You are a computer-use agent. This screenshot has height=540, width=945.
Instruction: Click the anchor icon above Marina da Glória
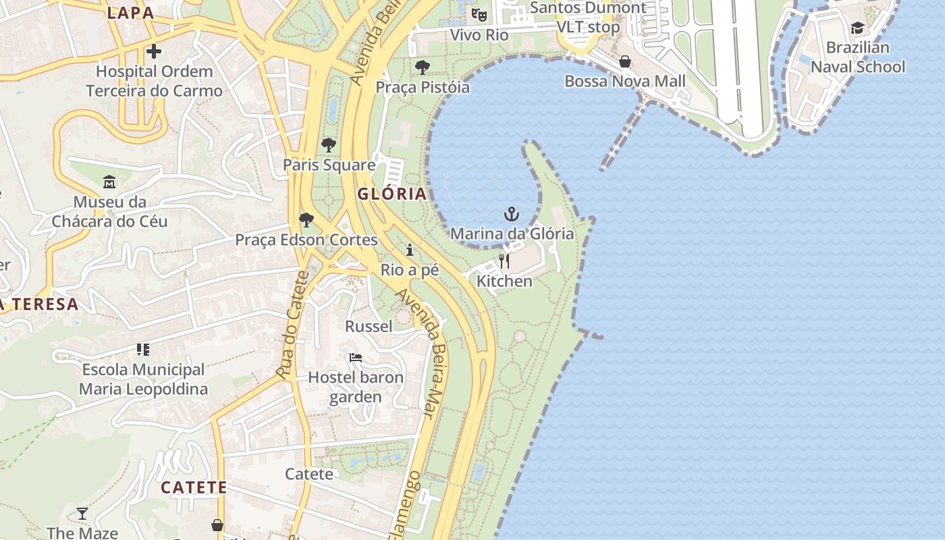512,215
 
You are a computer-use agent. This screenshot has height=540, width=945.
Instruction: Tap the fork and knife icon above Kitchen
504,261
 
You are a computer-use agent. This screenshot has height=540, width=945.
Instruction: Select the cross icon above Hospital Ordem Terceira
154,51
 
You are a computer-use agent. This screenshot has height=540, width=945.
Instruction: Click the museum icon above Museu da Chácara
109,182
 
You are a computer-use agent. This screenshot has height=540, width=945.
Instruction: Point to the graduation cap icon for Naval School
857,28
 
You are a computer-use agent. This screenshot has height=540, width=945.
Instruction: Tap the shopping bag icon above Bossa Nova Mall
625,62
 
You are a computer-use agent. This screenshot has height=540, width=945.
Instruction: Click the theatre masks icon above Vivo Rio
479,14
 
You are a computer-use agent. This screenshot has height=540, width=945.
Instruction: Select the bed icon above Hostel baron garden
356,358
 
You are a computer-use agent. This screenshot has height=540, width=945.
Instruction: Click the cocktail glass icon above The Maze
82,514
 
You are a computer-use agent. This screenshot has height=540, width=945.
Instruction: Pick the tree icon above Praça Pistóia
423,67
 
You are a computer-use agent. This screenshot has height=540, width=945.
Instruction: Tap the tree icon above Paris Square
329,144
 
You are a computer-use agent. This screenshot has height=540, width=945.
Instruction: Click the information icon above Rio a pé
410,250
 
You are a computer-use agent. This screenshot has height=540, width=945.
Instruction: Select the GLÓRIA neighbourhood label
392,194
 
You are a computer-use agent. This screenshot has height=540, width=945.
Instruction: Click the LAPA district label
130,12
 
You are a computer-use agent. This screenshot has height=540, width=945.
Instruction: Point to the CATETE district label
193,487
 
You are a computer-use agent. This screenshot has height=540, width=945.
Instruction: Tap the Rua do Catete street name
292,324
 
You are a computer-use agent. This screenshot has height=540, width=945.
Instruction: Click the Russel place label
369,327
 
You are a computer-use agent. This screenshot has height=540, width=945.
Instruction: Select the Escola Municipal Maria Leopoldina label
143,379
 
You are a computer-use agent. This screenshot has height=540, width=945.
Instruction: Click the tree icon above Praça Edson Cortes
306,219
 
